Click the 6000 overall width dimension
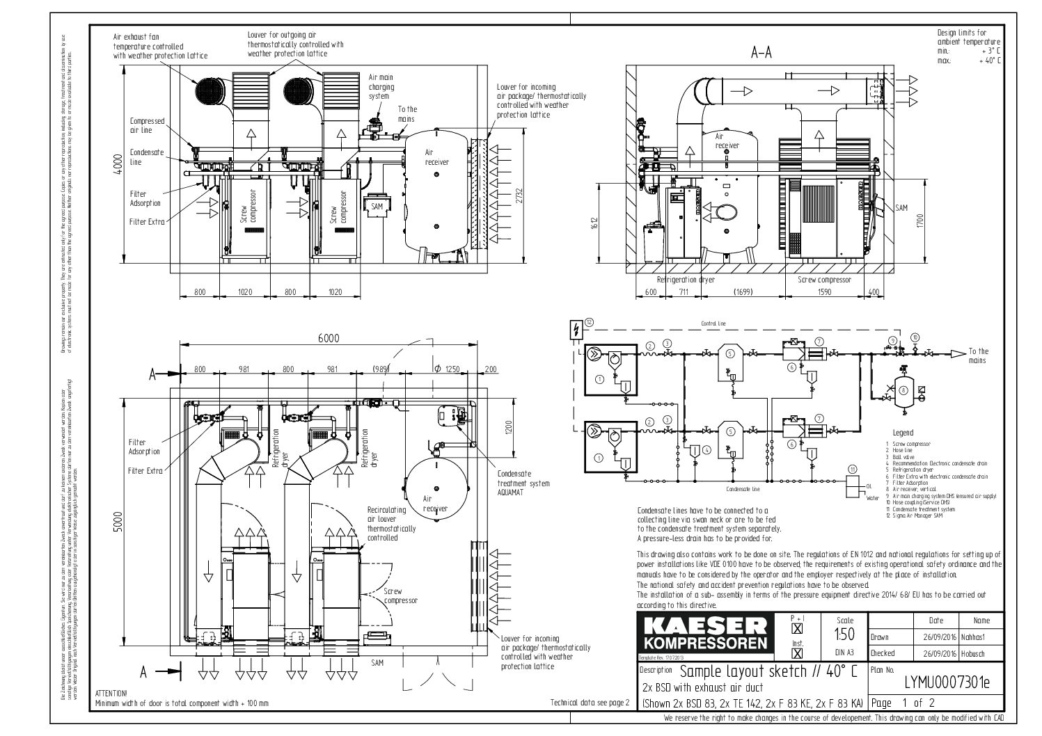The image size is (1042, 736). tap(329, 338)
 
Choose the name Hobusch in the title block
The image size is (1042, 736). tap(974, 653)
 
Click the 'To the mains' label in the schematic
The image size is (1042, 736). tap(978, 355)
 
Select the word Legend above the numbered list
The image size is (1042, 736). tap(901, 433)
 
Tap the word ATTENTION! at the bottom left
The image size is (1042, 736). tap(111, 694)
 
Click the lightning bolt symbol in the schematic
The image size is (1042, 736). tap(575, 329)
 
